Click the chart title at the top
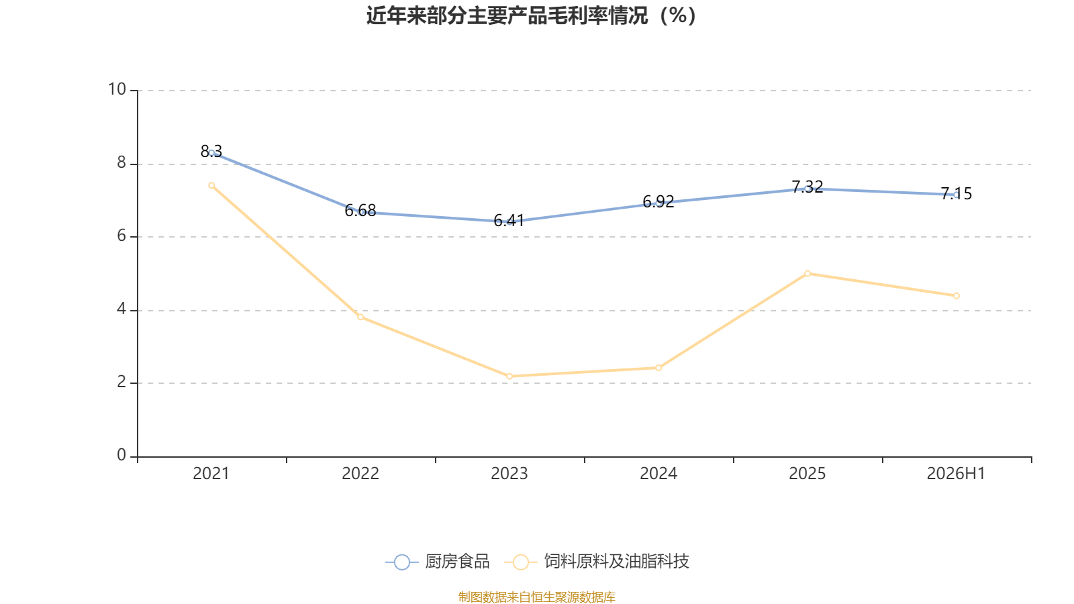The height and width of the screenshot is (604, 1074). (x=531, y=15)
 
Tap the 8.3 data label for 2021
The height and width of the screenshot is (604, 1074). (x=211, y=151)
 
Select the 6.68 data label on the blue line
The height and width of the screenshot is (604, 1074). (x=360, y=211)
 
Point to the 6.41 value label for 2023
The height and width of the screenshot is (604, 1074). (x=509, y=221)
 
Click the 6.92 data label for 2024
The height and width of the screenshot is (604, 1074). (x=658, y=202)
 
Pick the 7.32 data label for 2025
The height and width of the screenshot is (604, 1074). (x=808, y=187)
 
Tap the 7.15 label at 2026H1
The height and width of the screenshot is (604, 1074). (x=957, y=194)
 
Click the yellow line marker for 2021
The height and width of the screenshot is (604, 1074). (x=211, y=185)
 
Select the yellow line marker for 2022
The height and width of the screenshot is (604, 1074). (x=360, y=317)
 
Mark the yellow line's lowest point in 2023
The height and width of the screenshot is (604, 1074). (x=509, y=376)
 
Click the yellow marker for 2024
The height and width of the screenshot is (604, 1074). (x=658, y=368)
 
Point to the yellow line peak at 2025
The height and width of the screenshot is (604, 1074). (x=808, y=274)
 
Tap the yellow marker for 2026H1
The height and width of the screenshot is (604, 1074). (x=957, y=296)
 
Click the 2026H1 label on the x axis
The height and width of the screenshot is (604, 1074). (x=956, y=474)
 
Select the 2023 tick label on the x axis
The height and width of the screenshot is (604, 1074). (x=509, y=474)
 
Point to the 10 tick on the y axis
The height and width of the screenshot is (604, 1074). (x=117, y=89)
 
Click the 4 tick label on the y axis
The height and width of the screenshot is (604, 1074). (x=121, y=309)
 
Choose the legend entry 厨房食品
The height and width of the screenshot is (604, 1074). (x=437, y=561)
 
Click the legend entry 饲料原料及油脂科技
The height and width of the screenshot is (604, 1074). (x=597, y=561)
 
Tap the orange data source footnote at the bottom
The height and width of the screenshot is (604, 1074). (x=537, y=597)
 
